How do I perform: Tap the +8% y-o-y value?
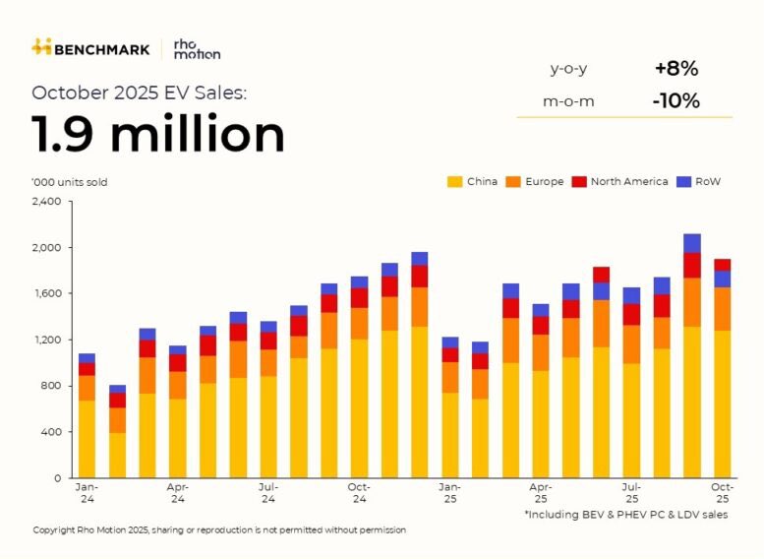coord(676,69)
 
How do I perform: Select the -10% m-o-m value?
coord(676,100)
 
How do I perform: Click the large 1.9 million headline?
coord(158,135)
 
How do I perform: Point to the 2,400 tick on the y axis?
coord(46,201)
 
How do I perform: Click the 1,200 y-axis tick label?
coord(46,340)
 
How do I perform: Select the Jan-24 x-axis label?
coord(87,492)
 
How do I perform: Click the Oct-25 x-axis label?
coord(722,492)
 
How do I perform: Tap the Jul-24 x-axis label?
coord(267,492)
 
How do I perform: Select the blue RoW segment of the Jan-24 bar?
coord(87,358)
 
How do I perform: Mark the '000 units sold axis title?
coord(70,182)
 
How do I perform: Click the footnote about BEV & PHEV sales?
coord(625,515)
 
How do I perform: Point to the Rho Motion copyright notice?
coord(219,530)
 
